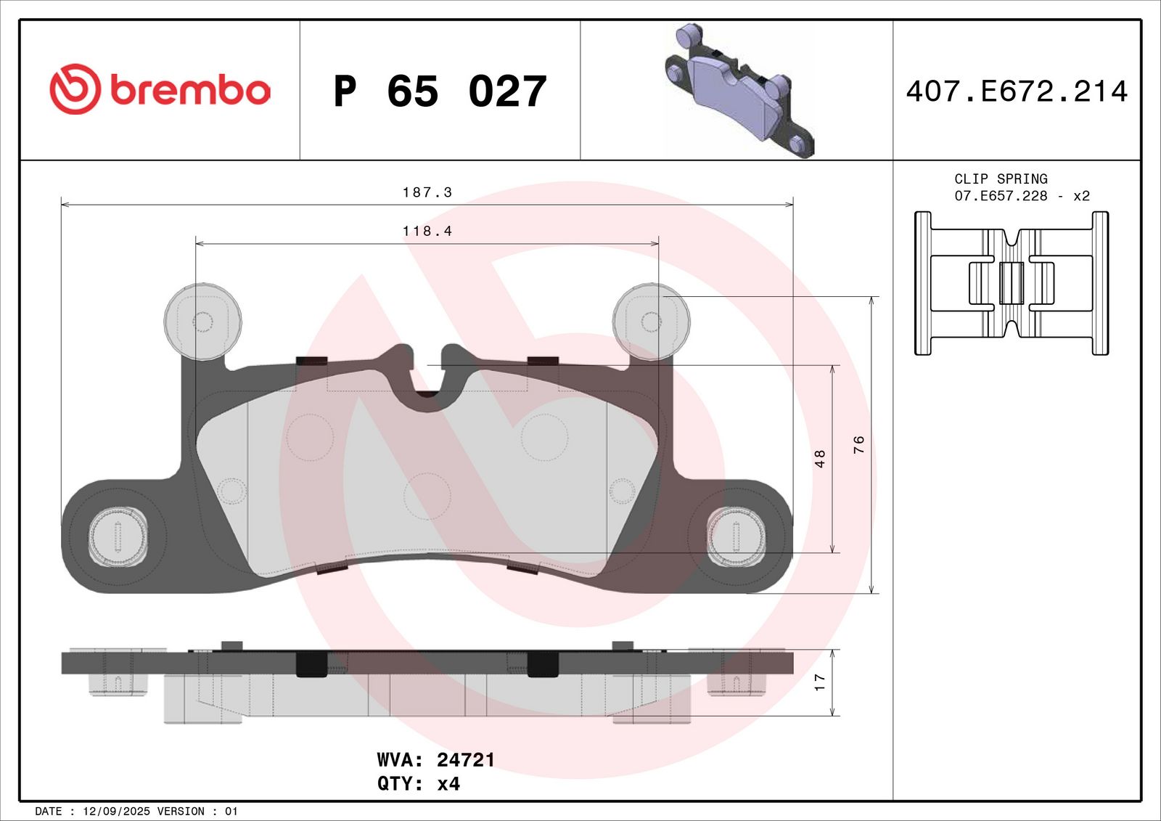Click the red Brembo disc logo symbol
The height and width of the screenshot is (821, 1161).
(x=75, y=89)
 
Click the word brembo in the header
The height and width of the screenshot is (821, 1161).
(x=190, y=90)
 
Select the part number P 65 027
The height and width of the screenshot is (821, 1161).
(x=440, y=91)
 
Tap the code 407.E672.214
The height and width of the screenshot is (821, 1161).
(x=1017, y=91)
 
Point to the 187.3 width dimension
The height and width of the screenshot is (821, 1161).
(x=427, y=192)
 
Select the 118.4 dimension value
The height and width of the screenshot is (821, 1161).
(x=427, y=231)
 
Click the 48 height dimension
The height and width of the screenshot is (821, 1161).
(x=819, y=459)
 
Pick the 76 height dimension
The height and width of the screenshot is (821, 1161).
(x=859, y=444)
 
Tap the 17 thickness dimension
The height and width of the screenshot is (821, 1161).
(x=819, y=682)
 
